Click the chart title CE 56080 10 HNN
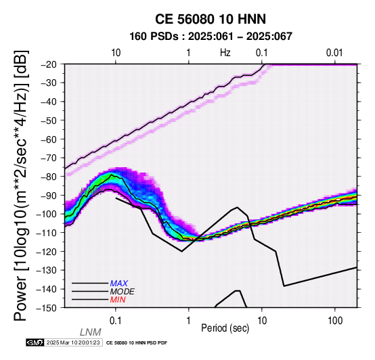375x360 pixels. point(211,19)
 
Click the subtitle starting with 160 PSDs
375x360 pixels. point(211,37)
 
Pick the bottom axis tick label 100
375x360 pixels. point(335,321)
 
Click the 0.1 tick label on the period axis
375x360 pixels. point(116,321)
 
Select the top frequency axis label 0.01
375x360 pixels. point(334,53)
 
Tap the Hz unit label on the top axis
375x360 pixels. point(225,53)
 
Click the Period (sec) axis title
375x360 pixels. point(225,328)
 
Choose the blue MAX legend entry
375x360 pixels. point(119,284)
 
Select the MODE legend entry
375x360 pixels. point(123,292)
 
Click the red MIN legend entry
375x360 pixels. point(118,300)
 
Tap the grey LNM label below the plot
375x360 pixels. point(91,332)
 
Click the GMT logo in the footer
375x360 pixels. point(35,342)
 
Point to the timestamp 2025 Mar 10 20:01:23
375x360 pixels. point(73,342)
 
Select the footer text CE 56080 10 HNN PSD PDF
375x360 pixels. point(137,343)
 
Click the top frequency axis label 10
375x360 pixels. point(116,53)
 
